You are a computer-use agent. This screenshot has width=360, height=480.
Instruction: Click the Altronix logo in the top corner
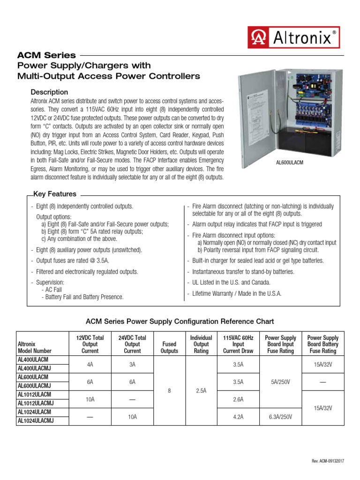[x=293, y=37]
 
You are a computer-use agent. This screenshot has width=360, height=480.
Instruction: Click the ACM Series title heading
[x=46, y=55]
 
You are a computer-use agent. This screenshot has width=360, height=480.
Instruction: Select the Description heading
[x=49, y=92]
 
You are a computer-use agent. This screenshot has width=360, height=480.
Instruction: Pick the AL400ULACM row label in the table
[x=34, y=359]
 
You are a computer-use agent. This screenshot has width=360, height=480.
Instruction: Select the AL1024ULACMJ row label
[x=36, y=420]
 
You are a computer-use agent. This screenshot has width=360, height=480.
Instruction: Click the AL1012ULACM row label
[x=34, y=394]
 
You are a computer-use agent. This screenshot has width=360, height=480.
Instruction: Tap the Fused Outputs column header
[x=169, y=347]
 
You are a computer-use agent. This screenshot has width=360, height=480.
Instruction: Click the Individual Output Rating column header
[x=201, y=344]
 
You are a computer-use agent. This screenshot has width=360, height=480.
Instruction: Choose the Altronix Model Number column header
[x=35, y=347]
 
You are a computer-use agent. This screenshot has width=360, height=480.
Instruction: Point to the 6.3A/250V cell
[x=281, y=416]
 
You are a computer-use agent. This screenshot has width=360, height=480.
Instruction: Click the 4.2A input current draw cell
[x=239, y=416]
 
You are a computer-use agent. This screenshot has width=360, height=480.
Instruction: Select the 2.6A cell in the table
[x=239, y=399]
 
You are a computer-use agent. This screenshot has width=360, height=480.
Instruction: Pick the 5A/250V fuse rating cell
[x=281, y=382]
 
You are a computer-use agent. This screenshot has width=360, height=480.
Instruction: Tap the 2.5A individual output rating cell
[x=201, y=390]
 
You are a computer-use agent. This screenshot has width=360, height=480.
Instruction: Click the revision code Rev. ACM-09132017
[x=328, y=461]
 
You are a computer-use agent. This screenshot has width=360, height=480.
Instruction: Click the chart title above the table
[x=180, y=322]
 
